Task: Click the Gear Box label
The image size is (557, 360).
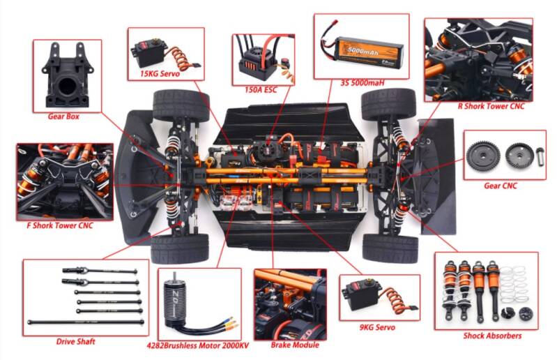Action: [x=63, y=117]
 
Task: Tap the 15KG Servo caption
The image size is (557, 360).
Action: [x=160, y=74]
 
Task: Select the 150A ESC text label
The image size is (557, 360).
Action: [x=261, y=89]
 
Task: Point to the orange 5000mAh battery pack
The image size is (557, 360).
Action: [x=370, y=52]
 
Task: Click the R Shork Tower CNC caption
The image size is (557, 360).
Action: [x=491, y=106]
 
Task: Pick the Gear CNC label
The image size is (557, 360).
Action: [x=501, y=186]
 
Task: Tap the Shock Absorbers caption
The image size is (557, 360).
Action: [x=492, y=336]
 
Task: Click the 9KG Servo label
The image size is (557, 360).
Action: [x=377, y=327]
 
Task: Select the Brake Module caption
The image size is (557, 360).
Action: [x=295, y=345]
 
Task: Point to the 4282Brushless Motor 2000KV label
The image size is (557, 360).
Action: [x=198, y=345]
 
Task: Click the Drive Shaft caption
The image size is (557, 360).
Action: [x=76, y=342]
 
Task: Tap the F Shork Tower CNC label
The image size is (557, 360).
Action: [x=60, y=225]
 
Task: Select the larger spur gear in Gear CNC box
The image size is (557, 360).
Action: [x=484, y=156]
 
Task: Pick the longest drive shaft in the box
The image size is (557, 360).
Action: [x=86, y=322]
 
